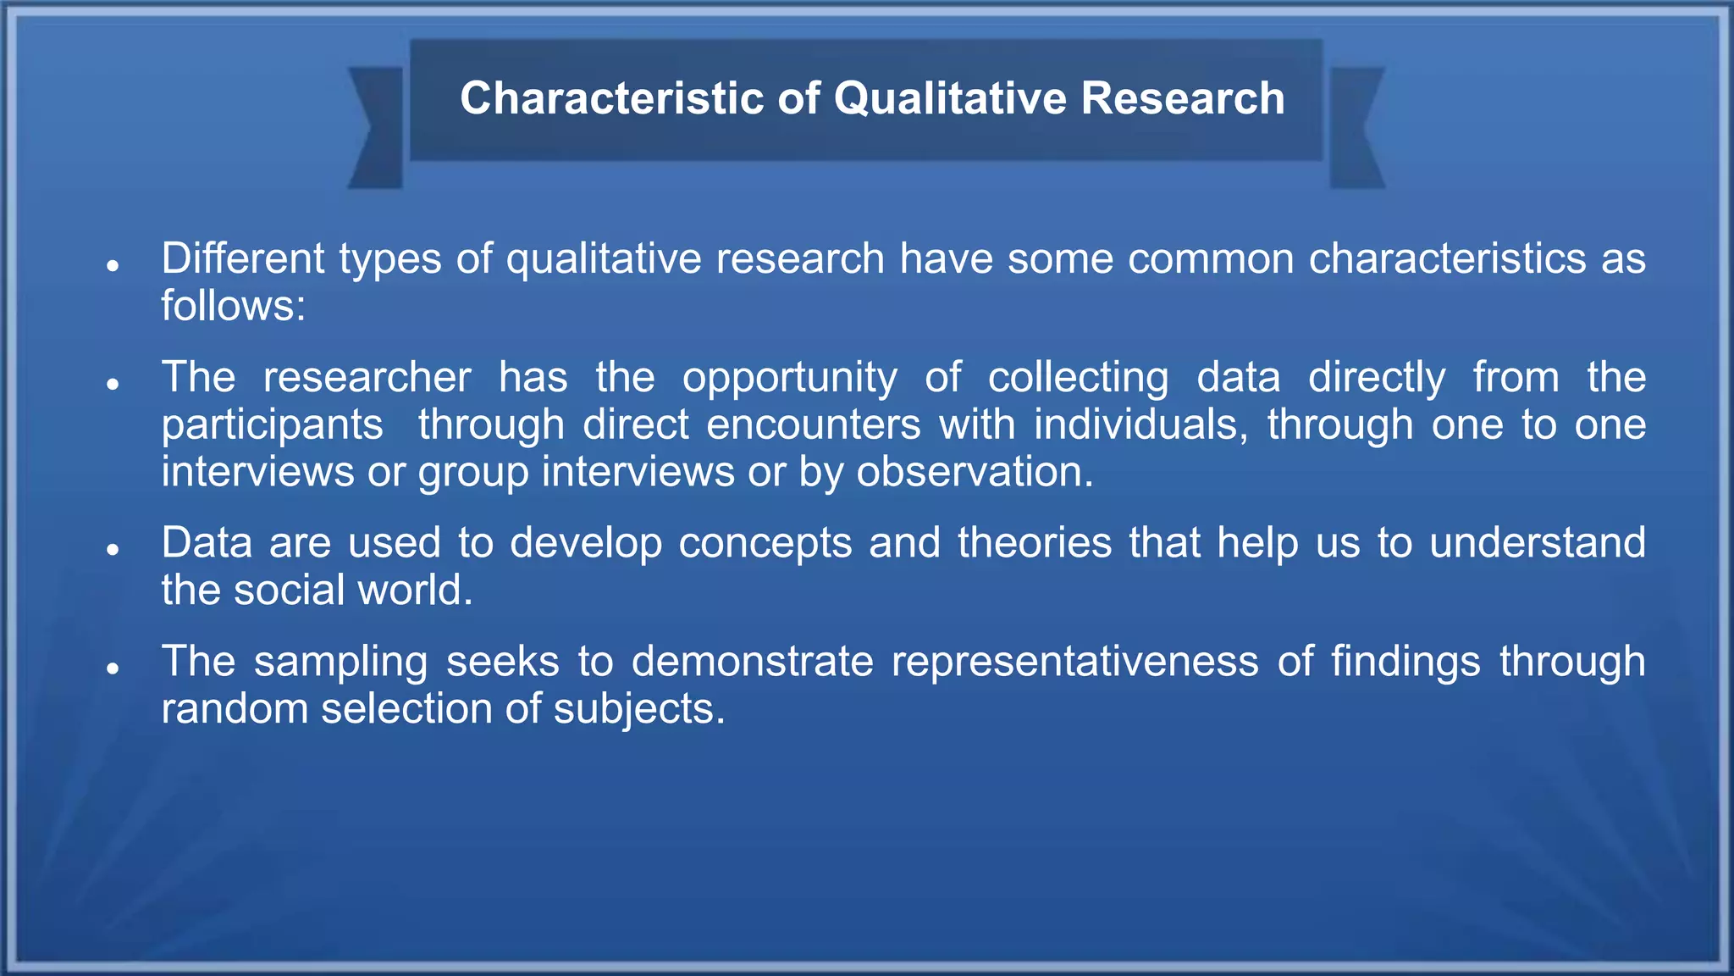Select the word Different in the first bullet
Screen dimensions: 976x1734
click(243, 258)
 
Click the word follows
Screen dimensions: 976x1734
click(233, 306)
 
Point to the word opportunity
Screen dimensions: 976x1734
click(789, 378)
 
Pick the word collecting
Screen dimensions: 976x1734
click(1078, 378)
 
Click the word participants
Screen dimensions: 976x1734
click(272, 425)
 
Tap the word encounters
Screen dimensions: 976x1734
click(813, 424)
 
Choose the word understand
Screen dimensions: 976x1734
click(1537, 543)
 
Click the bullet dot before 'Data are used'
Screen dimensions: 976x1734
click(113, 550)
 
